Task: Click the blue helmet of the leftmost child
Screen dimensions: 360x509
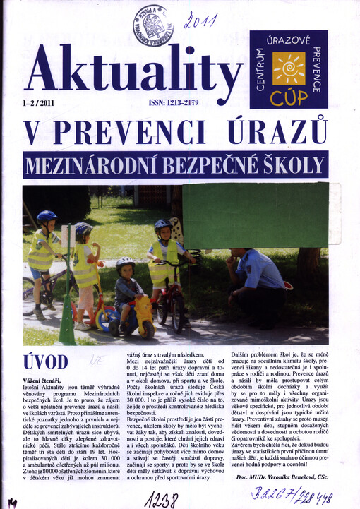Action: [47, 217]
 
